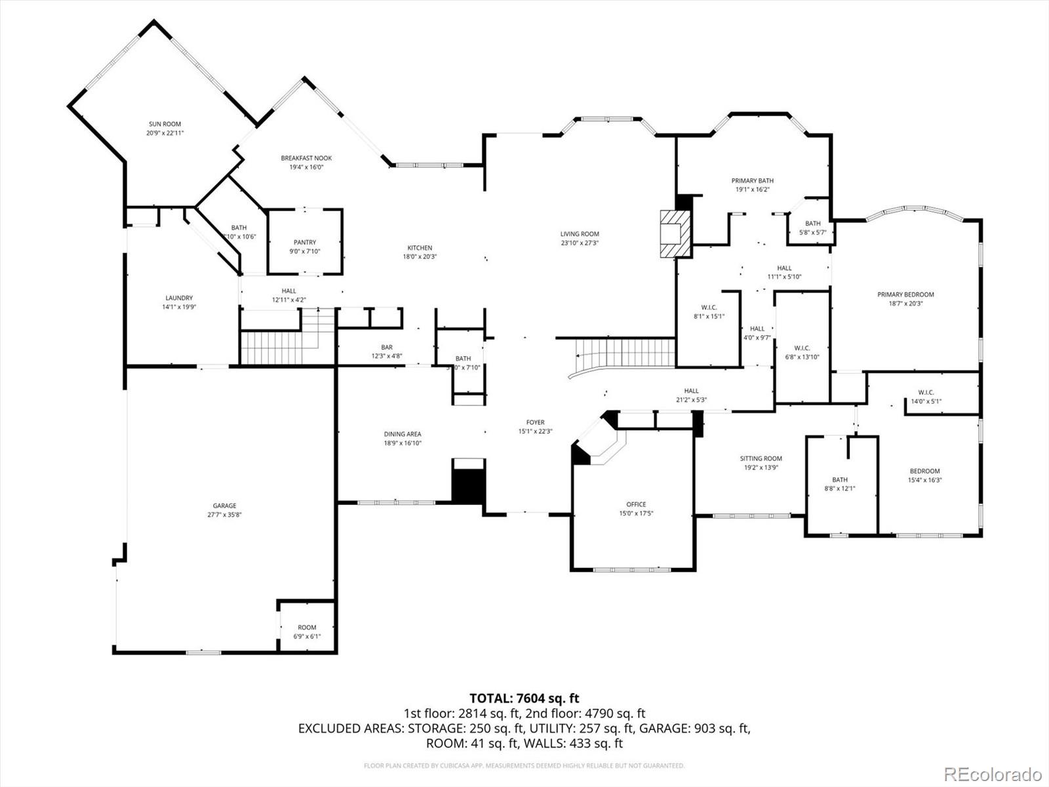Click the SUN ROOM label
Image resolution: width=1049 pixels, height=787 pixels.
(x=165, y=124)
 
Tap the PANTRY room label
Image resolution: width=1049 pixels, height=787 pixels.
(x=305, y=242)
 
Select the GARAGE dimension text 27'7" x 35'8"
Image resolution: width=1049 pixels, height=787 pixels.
(x=224, y=515)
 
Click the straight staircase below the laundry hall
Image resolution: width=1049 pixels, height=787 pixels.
(x=279, y=348)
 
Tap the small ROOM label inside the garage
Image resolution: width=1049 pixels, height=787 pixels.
(x=307, y=627)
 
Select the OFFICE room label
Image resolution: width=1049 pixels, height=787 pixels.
(x=635, y=504)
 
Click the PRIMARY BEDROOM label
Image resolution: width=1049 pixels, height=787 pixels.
(x=905, y=294)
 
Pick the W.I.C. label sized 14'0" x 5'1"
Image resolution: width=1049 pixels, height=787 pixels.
(x=926, y=392)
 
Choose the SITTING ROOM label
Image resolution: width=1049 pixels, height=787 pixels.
(x=761, y=458)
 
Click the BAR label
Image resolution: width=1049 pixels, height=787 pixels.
(x=387, y=348)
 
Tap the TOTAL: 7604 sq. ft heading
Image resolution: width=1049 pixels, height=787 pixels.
(x=524, y=698)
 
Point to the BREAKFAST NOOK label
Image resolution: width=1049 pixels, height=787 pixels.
(x=306, y=158)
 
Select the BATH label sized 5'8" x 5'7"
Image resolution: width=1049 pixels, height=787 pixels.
(x=812, y=224)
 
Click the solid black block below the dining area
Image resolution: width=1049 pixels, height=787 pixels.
(x=468, y=481)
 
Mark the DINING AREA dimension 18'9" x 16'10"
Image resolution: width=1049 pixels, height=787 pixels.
(x=403, y=443)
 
